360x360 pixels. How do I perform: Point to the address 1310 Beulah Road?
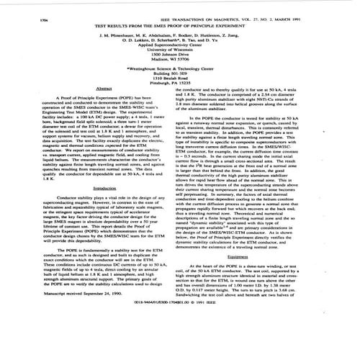[x=177, y=79]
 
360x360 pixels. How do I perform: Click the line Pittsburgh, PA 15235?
[x=177, y=84]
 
